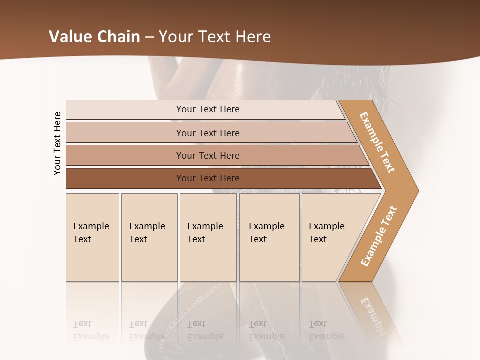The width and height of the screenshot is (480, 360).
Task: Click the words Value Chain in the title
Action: (94, 36)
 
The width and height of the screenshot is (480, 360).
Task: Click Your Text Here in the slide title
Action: (215, 36)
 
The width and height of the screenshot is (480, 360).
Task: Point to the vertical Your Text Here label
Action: (57, 143)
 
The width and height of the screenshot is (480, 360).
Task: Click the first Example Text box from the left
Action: (92, 237)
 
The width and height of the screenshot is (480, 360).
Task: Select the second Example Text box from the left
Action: (149, 237)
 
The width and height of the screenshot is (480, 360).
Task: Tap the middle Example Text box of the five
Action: (208, 237)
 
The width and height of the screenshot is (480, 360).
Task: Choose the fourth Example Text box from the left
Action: (269, 237)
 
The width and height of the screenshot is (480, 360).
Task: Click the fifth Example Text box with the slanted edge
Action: (330, 237)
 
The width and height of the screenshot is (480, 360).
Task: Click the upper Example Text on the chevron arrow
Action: (377, 142)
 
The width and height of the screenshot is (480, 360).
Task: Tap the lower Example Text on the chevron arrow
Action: (378, 236)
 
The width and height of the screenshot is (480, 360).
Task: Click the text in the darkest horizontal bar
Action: (208, 178)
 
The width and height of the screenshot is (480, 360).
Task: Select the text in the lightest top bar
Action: (208, 109)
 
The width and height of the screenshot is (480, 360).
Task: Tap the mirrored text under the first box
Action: (91, 330)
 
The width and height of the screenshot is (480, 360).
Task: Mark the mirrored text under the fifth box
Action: (326, 330)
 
